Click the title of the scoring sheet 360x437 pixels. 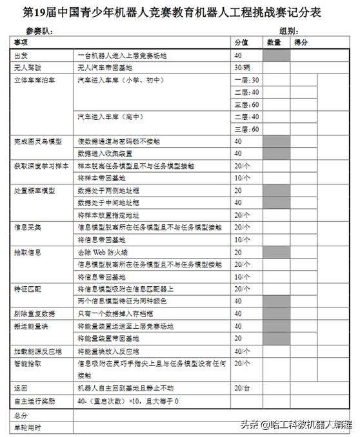(x=180, y=12)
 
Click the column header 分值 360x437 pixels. (x=241, y=43)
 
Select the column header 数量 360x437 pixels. (x=274, y=43)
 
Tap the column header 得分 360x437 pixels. (x=301, y=43)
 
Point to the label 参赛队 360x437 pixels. (x=39, y=31)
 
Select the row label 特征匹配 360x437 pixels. (x=27, y=289)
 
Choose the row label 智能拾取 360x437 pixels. (x=27, y=364)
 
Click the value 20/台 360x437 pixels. (x=243, y=388)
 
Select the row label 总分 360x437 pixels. (x=21, y=415)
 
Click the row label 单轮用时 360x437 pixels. (x=27, y=427)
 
